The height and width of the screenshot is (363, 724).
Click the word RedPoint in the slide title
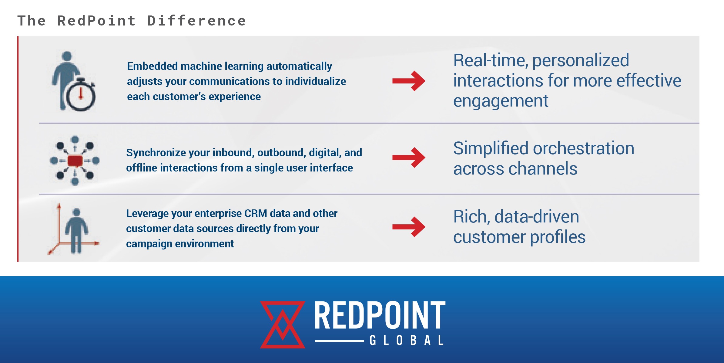tap(96, 21)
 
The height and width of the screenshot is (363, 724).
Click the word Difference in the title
tap(196, 21)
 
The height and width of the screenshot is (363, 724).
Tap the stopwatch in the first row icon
tap(81, 95)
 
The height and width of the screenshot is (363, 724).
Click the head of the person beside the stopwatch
tap(67, 56)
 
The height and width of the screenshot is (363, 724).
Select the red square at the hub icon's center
tap(75, 161)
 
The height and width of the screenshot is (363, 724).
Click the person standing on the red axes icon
tap(76, 231)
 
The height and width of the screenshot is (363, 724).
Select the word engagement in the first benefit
tap(501, 101)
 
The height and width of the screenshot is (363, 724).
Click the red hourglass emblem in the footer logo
tap(283, 324)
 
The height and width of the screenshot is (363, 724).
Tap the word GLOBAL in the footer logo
tap(407, 341)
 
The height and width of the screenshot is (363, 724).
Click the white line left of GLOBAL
tap(339, 341)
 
